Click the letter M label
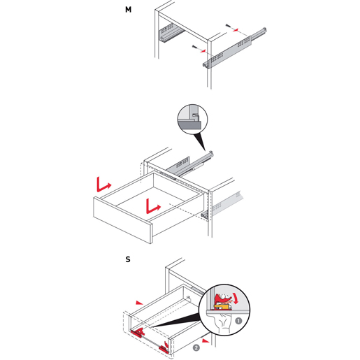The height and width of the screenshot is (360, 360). (x=128, y=10)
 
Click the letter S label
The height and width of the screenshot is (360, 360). (x=128, y=259)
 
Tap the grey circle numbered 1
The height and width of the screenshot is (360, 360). (x=238, y=321)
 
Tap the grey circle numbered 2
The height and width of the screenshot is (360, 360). (x=196, y=348)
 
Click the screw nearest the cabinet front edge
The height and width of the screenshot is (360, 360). (x=195, y=47)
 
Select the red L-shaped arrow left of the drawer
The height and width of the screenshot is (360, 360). (x=103, y=185)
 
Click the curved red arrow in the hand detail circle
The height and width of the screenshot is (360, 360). (x=236, y=298)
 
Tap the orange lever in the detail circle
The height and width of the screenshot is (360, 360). (x=222, y=306)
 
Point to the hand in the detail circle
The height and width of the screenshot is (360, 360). (x=222, y=324)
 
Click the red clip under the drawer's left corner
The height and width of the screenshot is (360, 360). (x=138, y=332)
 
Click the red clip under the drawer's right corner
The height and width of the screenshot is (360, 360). (x=164, y=347)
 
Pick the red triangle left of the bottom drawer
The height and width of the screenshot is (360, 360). (x=139, y=303)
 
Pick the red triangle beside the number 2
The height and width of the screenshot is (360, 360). (x=205, y=340)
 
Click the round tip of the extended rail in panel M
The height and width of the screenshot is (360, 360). (x=264, y=29)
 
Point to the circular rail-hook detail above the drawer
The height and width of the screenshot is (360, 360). (x=192, y=119)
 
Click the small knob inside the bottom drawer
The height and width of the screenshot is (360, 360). (x=188, y=298)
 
